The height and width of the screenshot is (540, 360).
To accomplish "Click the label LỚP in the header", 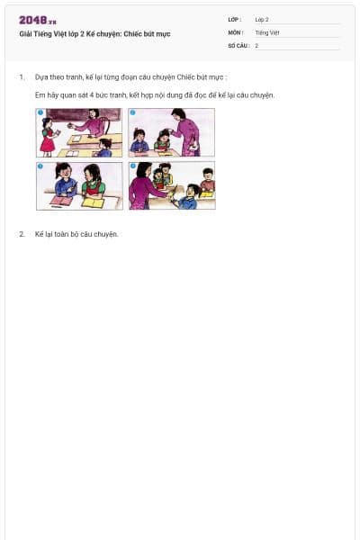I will tap(235, 19).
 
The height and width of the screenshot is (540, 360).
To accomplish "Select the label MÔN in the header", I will tap(236, 32).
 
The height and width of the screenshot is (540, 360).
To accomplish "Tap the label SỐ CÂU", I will tap(238, 45).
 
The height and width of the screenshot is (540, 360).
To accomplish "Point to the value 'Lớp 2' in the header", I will tap(262, 19).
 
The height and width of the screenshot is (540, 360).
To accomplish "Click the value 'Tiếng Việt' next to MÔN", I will tap(267, 32).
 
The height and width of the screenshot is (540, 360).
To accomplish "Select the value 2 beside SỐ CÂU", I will tap(256, 45).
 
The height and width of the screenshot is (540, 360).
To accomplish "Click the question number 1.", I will tap(22, 77).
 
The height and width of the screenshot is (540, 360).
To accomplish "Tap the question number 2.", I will tap(22, 234).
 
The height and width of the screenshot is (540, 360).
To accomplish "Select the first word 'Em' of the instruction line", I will tap(40, 94).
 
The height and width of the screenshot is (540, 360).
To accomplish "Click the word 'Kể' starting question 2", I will tap(39, 234).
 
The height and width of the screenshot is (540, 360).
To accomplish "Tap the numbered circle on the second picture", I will tap(132, 112).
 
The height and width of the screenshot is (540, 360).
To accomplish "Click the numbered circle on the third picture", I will tap(40, 166).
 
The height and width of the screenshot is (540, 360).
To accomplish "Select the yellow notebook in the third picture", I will tap(94, 202).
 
